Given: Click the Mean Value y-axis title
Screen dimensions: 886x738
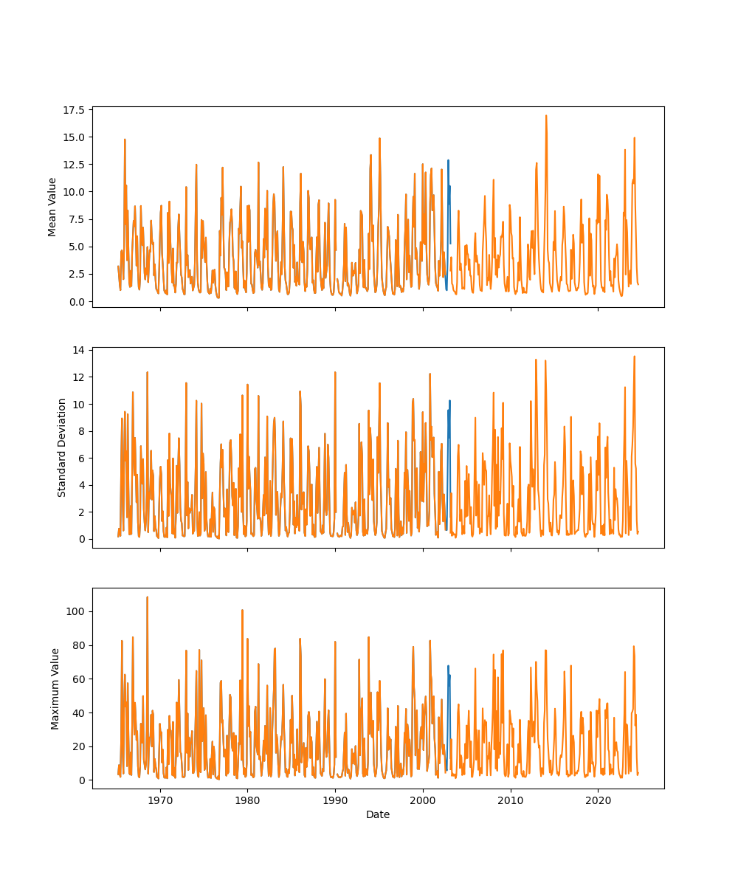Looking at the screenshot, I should [x=52, y=207].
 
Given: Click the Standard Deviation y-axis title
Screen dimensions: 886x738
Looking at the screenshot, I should [x=62, y=447].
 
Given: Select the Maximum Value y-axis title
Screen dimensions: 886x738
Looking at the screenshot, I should [x=55, y=688].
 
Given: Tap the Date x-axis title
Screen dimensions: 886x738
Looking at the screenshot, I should [x=378, y=814].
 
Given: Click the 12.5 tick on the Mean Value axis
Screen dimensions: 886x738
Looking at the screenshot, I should [x=73, y=165].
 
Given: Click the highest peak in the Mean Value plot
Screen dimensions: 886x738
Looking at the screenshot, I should [x=546, y=116].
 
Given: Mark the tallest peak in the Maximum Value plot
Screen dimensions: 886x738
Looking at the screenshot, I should [x=147, y=597].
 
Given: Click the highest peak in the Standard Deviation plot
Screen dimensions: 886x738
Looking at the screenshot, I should [x=634, y=357].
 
